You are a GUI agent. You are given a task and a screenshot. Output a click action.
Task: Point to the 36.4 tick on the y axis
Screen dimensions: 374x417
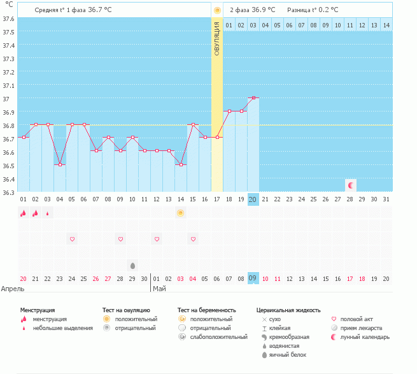point(9,179)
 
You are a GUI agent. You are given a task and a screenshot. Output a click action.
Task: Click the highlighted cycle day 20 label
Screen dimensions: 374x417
point(253,199)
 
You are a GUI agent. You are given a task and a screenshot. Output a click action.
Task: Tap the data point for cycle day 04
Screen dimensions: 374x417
point(60,164)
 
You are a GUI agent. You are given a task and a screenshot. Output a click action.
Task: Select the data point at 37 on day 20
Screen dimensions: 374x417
point(253,97)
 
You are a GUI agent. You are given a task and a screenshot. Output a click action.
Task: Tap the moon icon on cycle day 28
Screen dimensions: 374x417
point(350,185)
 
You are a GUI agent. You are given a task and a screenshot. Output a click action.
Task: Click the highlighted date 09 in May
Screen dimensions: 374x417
point(253,278)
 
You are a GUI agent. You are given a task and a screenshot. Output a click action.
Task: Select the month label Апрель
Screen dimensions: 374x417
point(13,289)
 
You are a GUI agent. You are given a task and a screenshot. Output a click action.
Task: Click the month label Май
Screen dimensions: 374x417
point(159,289)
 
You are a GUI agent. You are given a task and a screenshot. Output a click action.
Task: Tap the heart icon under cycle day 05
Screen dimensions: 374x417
point(72,239)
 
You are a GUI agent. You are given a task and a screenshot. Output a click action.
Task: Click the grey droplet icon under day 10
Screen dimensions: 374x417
point(132,265)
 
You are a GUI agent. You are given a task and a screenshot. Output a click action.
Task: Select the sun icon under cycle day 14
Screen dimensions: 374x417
point(181,213)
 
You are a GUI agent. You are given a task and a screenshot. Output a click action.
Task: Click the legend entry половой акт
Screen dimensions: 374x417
point(357,319)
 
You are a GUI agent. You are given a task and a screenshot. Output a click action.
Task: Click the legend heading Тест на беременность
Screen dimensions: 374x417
point(211,310)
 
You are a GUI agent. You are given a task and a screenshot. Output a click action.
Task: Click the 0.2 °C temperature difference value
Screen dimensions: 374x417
point(329,10)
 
